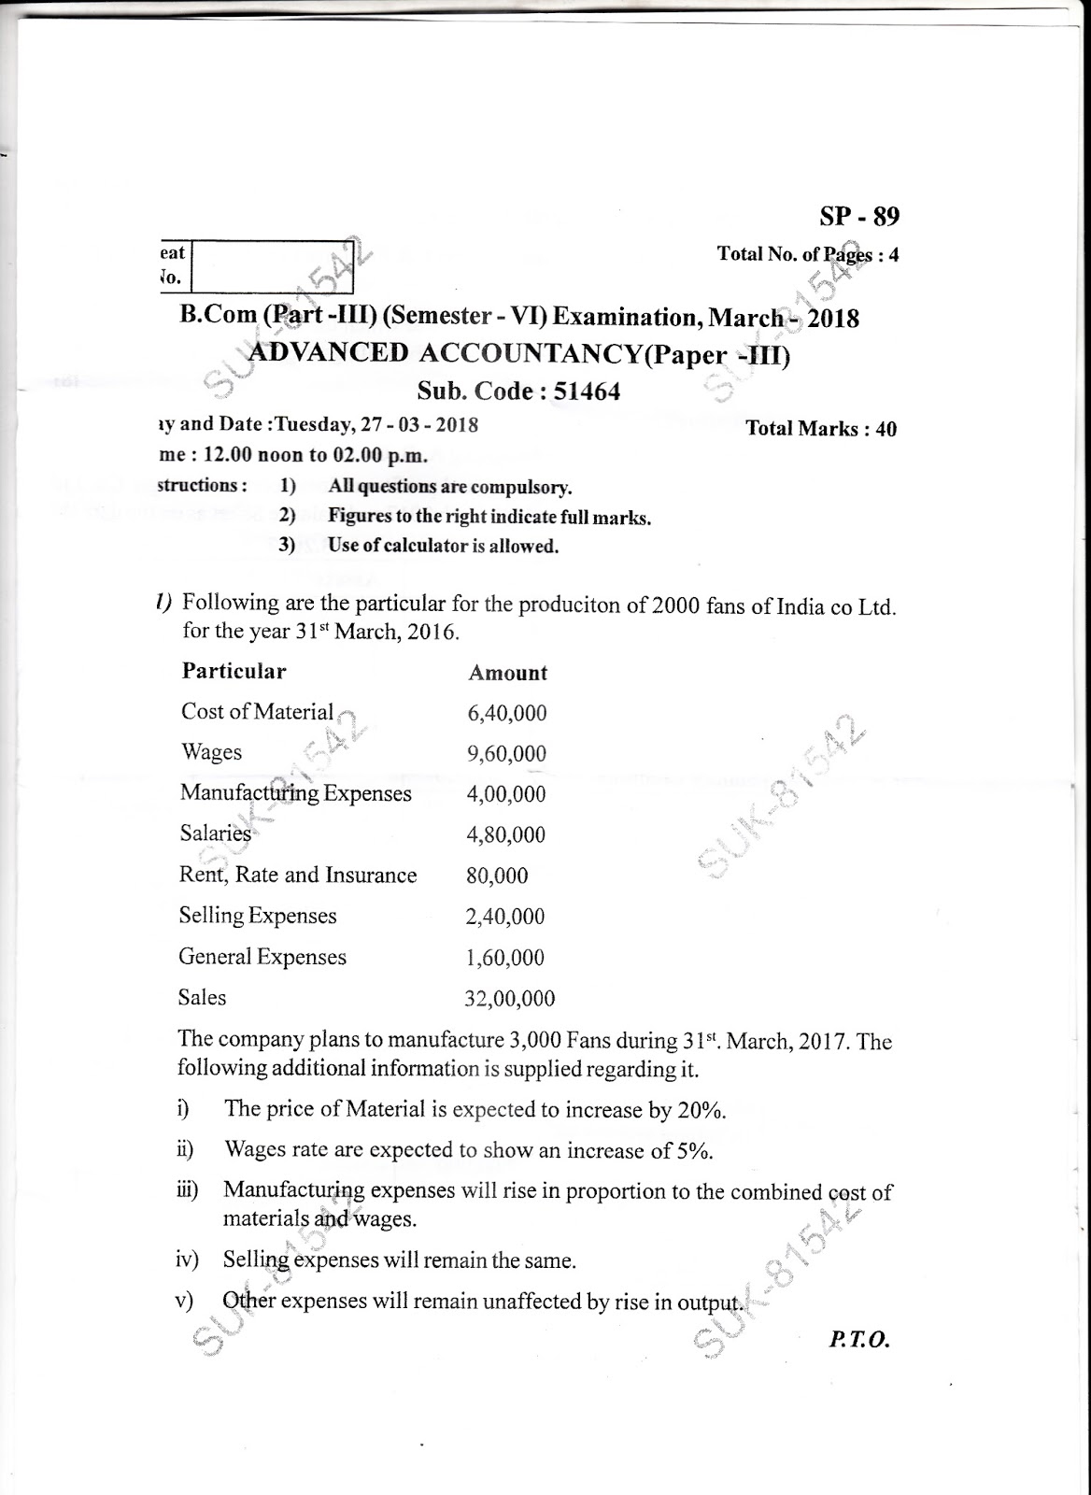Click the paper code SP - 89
[x=859, y=218]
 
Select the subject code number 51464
[x=587, y=392]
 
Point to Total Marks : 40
[x=821, y=429]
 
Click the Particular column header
[x=234, y=671]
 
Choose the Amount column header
[x=507, y=673]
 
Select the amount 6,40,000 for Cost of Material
[x=506, y=714]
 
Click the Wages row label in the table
[x=212, y=753]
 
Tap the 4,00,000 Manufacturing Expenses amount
[x=505, y=794]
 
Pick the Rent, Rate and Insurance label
[x=298, y=876]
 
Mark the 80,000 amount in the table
[x=496, y=876]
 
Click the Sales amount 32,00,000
[x=509, y=999]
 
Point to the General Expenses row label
[x=262, y=957]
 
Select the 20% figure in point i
[x=702, y=1111]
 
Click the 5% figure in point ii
[x=692, y=1151]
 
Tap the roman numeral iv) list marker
[x=188, y=1260]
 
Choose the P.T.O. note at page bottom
[x=858, y=1340]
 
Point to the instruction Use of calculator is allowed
[x=444, y=547]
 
